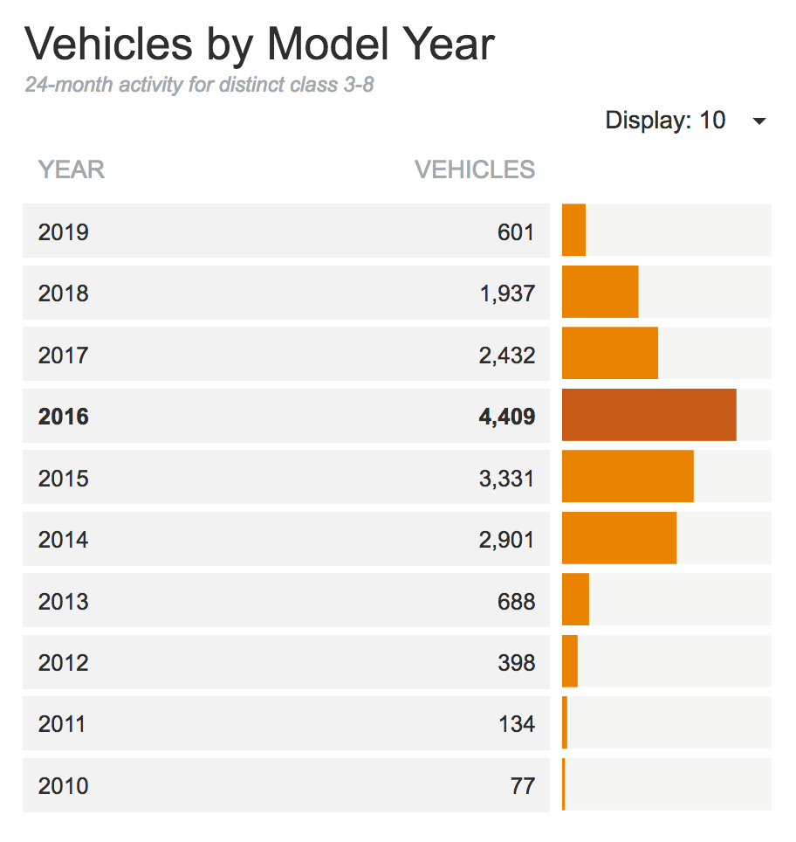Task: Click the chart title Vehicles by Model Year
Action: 259,44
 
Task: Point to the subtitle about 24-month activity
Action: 199,86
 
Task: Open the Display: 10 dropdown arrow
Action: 758,121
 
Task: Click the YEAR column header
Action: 72,169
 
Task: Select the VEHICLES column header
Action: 474,169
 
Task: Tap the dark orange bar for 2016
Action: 648,415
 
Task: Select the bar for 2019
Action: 573,231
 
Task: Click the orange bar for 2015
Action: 628,477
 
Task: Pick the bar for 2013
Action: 575,600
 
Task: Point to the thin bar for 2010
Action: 564,784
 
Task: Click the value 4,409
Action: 506,417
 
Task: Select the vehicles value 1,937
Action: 506,293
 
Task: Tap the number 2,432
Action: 506,355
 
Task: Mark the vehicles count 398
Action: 517,663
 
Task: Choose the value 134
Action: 518,724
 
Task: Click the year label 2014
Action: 63,540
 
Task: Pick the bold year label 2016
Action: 64,417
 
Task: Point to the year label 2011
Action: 62,724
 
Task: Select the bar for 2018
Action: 600,292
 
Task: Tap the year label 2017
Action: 63,355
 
